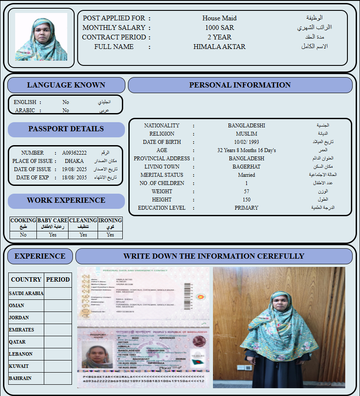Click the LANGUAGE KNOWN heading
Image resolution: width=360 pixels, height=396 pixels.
tap(66, 85)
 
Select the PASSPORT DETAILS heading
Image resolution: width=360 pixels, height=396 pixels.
tap(66, 129)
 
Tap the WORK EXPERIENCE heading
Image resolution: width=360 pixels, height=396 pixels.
tap(66, 200)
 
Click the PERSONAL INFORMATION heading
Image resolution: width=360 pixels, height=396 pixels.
tap(240, 85)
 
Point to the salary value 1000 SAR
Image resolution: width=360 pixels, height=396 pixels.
tap(219, 28)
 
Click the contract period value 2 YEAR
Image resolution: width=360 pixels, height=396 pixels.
tap(219, 37)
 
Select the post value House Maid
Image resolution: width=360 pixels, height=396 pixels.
tap(219, 18)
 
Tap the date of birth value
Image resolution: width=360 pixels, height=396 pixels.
tap(246, 142)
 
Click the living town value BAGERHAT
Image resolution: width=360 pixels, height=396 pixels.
tap(246, 167)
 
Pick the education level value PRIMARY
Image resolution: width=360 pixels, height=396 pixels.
tap(246, 208)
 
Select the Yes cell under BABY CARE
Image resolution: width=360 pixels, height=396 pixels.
tap(52, 235)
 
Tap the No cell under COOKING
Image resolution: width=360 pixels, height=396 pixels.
tap(23, 235)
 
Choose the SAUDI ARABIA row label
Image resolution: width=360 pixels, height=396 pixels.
tap(26, 293)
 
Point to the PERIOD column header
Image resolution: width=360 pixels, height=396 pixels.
tap(58, 279)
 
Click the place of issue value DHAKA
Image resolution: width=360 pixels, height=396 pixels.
tap(74, 161)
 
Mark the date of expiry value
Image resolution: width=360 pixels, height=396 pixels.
tap(74, 178)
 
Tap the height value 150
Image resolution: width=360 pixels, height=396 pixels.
tap(246, 200)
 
